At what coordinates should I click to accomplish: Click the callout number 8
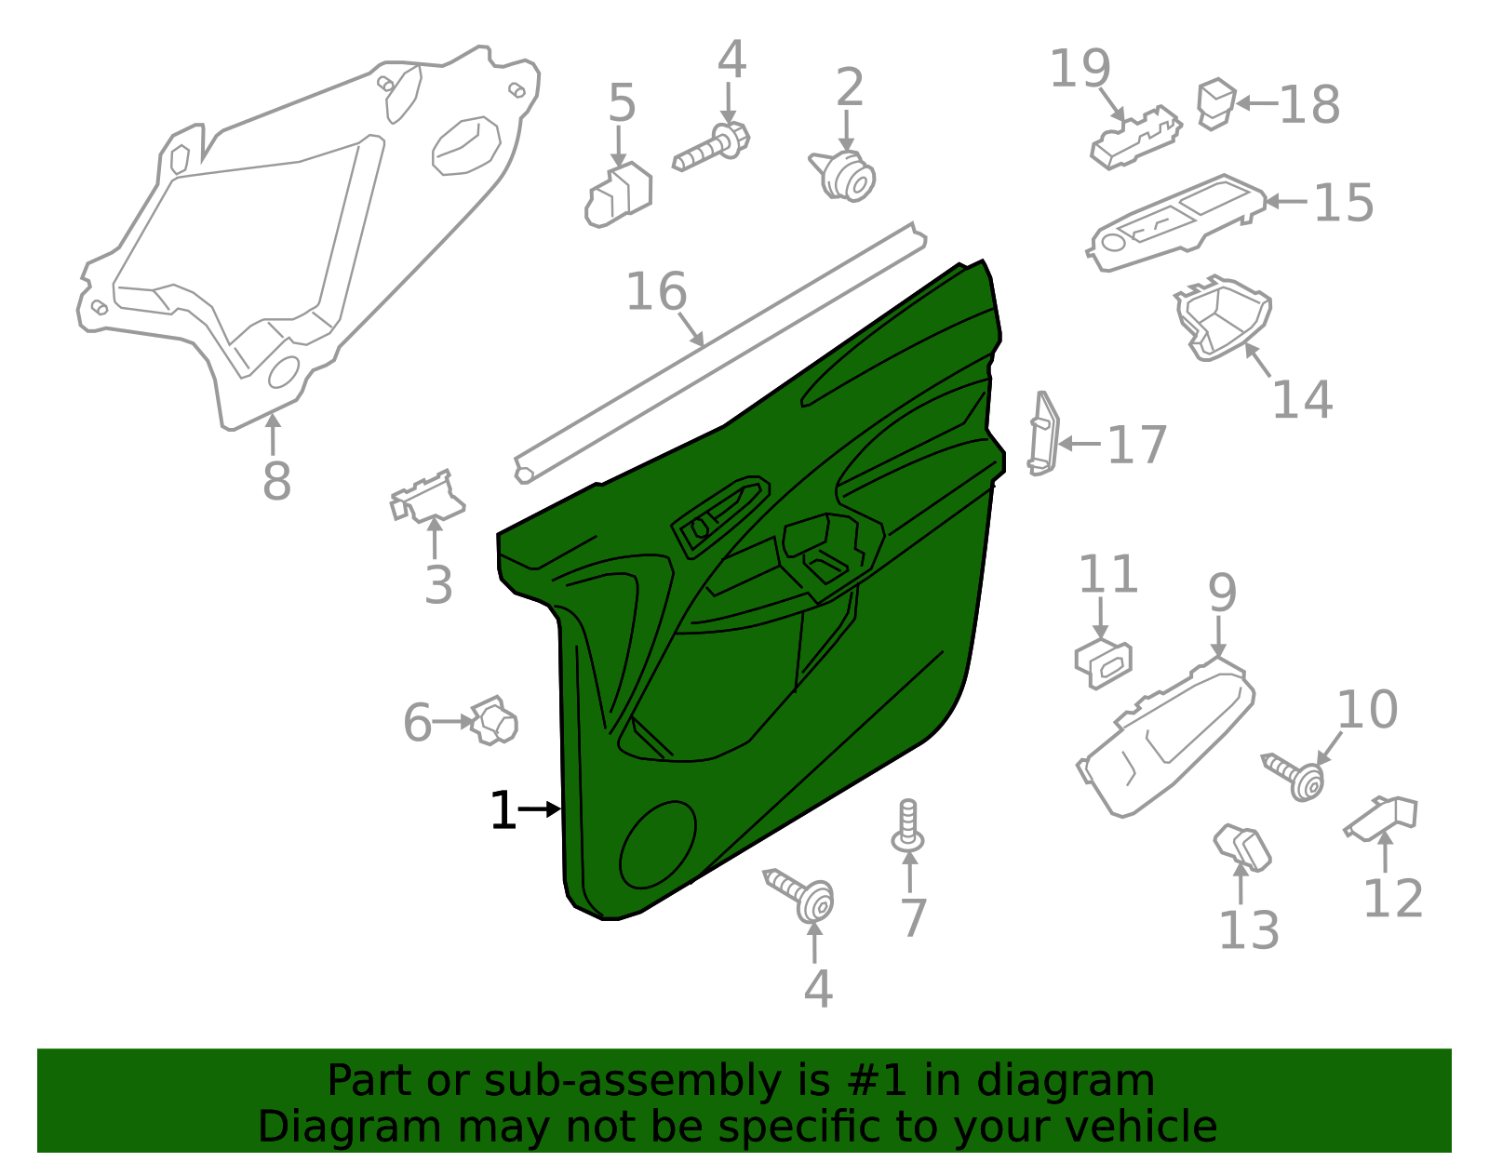click(x=276, y=481)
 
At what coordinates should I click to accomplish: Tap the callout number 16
click(x=656, y=292)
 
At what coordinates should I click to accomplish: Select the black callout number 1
click(x=503, y=810)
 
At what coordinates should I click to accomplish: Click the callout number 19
click(x=1080, y=69)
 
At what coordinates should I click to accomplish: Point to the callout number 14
click(x=1302, y=399)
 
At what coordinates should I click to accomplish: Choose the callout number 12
click(x=1392, y=899)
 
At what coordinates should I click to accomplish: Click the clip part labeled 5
click(x=619, y=196)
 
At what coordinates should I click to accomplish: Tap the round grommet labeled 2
click(x=845, y=176)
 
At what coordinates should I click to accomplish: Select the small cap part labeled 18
click(x=1215, y=102)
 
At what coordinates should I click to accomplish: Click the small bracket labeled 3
click(x=427, y=497)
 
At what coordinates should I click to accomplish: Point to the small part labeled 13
click(x=1243, y=848)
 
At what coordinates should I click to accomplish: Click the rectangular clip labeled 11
click(x=1104, y=661)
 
